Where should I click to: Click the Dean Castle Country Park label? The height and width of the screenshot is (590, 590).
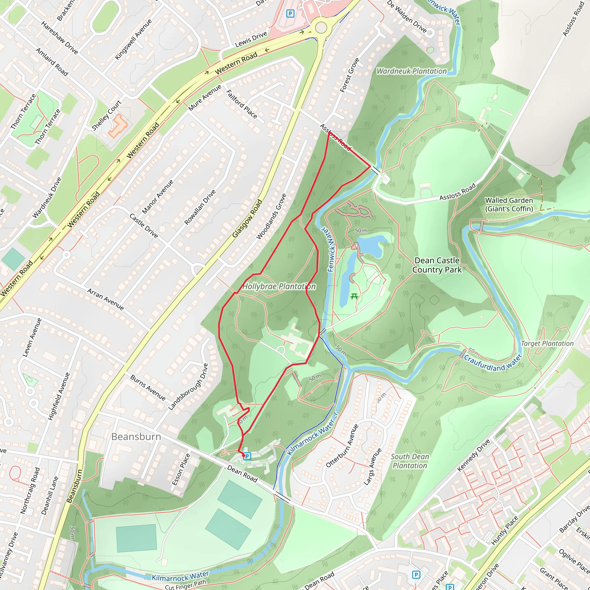tap(437, 265)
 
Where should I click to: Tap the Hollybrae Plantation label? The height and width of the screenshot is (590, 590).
tap(279, 286)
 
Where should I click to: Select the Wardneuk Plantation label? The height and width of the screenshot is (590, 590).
tap(411, 71)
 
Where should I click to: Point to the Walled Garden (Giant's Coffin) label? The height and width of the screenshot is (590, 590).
tap(509, 205)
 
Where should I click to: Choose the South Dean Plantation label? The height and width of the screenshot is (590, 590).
tap(410, 461)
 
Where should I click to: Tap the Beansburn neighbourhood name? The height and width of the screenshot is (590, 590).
tap(136, 437)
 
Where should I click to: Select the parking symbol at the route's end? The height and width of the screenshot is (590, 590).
tap(247, 456)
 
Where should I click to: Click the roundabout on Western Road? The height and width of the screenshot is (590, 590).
tap(321, 27)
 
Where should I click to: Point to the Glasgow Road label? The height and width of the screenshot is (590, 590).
tap(247, 218)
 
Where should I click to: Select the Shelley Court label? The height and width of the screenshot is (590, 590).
tap(106, 115)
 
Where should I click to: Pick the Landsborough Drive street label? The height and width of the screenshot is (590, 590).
tap(188, 387)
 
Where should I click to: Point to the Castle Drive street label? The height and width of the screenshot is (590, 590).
tap(143, 226)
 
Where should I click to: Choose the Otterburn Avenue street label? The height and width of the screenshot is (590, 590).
tap(342, 446)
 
